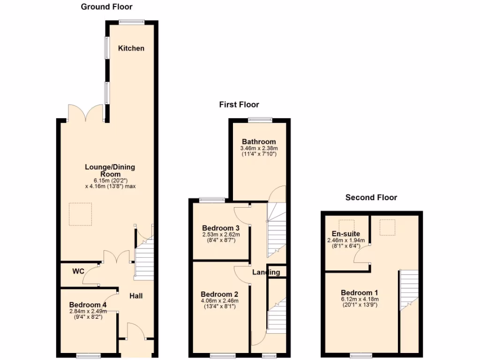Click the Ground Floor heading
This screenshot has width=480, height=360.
106,7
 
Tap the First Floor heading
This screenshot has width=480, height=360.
239,105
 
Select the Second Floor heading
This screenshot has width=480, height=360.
371,197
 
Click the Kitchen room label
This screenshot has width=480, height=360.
131,48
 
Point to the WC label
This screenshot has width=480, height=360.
78,271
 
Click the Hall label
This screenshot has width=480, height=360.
136,296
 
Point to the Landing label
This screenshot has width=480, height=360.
266,272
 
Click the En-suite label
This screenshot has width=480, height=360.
342,233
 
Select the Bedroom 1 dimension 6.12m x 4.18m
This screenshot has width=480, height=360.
360,299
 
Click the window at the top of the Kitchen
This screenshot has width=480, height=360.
131,21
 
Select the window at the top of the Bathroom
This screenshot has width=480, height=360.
260,119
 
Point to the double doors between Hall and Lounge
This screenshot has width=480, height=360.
116,257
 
